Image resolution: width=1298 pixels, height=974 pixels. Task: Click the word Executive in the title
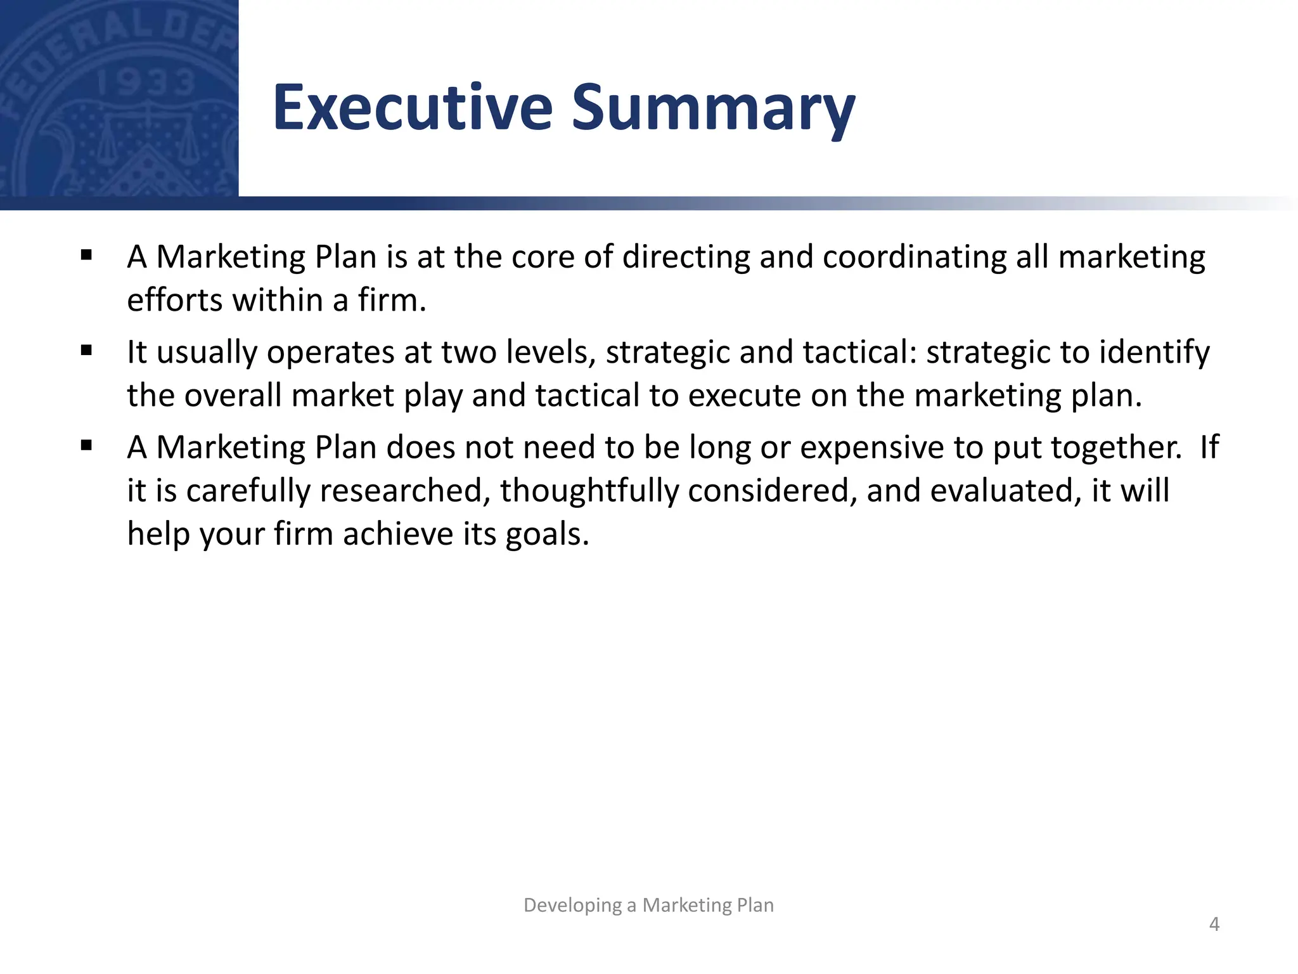coord(413,108)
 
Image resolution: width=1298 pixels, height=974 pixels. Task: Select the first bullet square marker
coord(87,256)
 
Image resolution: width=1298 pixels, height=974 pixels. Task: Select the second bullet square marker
coord(87,351)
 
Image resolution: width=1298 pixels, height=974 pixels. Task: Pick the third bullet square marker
coord(87,446)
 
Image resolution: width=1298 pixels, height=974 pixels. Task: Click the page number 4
coord(1214,924)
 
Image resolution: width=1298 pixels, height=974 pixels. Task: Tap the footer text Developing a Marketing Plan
coord(648,905)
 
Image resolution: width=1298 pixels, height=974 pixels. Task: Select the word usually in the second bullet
coord(207,353)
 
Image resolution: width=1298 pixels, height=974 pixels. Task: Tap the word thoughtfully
coord(589,491)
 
